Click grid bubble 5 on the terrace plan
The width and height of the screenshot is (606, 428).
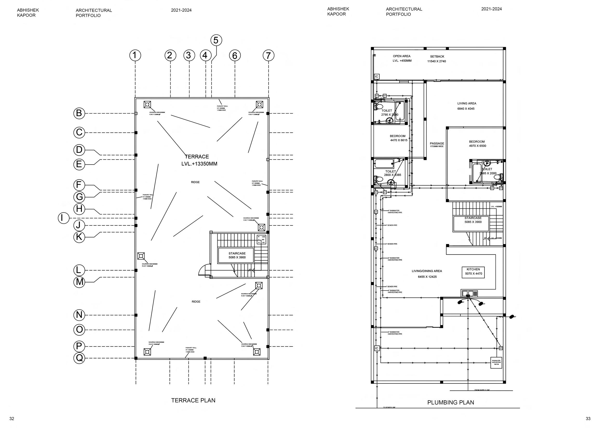point(216,40)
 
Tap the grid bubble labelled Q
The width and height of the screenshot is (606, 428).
point(79,358)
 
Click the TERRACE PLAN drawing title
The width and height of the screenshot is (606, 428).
point(193,400)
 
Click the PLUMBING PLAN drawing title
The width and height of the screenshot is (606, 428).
point(450,402)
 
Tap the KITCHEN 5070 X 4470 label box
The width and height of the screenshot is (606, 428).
point(473,272)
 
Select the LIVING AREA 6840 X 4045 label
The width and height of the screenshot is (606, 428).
point(467,106)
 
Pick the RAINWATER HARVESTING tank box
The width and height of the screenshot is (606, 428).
point(496,363)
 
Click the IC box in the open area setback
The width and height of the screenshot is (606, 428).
point(377,77)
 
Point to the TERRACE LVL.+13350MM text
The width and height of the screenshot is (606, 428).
point(199,160)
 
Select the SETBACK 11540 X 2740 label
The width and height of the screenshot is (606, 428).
point(437,59)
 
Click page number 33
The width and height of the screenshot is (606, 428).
point(588,418)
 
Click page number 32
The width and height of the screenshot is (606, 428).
point(12,418)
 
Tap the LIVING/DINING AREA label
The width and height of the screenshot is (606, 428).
point(427,274)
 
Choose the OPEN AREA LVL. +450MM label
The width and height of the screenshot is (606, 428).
point(402,58)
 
